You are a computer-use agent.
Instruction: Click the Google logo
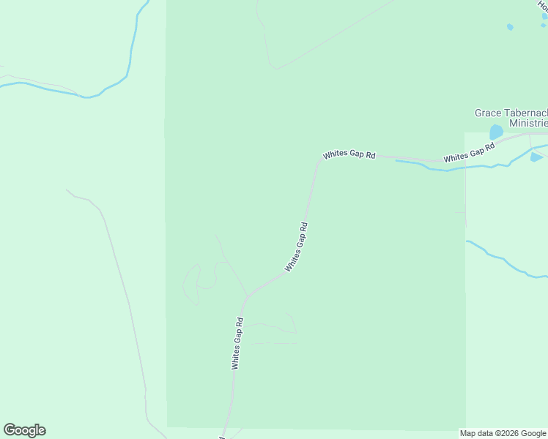(x=24, y=430)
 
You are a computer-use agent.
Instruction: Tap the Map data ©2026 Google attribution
(x=503, y=433)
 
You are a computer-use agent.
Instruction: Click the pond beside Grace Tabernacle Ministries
(x=496, y=132)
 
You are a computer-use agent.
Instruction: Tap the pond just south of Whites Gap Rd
(x=536, y=157)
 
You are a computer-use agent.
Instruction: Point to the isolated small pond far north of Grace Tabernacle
(x=510, y=27)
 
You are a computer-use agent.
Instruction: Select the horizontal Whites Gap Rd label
(x=349, y=155)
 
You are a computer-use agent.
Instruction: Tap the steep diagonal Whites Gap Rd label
(x=296, y=247)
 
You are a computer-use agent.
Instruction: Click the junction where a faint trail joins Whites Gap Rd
(x=247, y=296)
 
